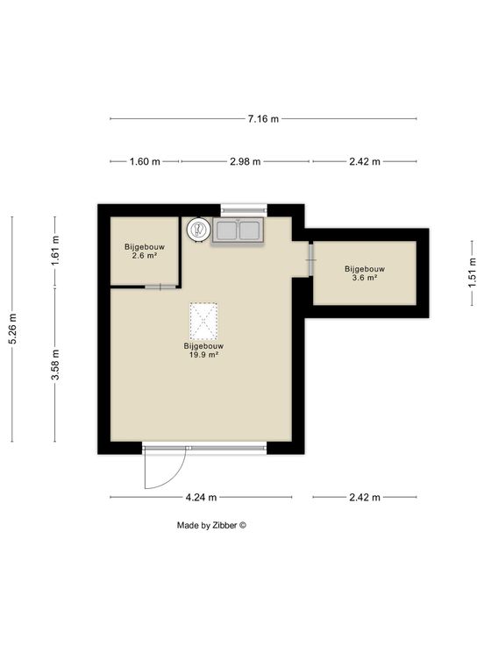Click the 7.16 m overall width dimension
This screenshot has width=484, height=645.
click(x=263, y=119)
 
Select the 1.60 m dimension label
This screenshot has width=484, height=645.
click(x=145, y=161)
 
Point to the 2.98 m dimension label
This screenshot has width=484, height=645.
click(x=246, y=161)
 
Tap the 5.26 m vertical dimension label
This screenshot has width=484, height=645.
click(x=13, y=329)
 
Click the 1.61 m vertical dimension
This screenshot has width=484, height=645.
click(x=55, y=251)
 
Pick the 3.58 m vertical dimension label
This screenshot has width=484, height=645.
click(x=55, y=365)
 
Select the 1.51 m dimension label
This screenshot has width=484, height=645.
click(x=473, y=273)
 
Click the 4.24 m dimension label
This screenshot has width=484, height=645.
click(x=201, y=497)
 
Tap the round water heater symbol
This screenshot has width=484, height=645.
click(x=198, y=230)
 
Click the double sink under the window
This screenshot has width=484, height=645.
click(x=238, y=230)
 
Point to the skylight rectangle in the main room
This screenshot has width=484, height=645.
click(x=203, y=322)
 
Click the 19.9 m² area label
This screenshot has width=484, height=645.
click(x=203, y=354)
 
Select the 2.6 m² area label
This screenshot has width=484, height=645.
click(x=145, y=255)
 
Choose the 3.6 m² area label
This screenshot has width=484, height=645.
click(x=365, y=278)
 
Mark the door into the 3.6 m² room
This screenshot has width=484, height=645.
click(x=311, y=260)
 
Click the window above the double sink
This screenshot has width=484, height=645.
click(x=244, y=210)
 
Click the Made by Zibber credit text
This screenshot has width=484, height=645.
click(x=211, y=525)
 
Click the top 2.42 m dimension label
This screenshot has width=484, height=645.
click(x=365, y=161)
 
